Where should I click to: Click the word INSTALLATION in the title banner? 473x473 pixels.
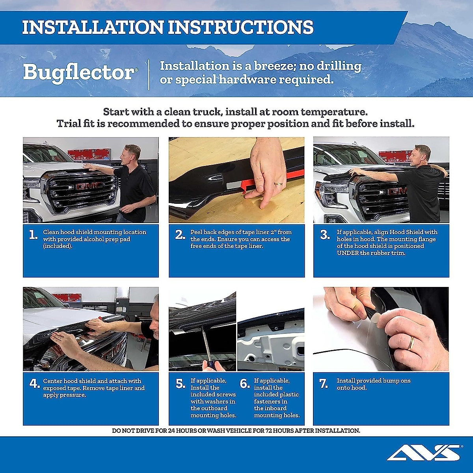tap(93, 28)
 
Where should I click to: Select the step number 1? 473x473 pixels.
tap(33, 235)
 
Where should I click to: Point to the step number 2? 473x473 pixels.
tap(180, 235)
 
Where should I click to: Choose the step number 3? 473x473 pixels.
tap(324, 235)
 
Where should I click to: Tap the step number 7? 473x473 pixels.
tap(324, 384)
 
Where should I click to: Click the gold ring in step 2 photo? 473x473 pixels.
tap(278, 184)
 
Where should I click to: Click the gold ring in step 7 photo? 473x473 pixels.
tap(411, 343)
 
